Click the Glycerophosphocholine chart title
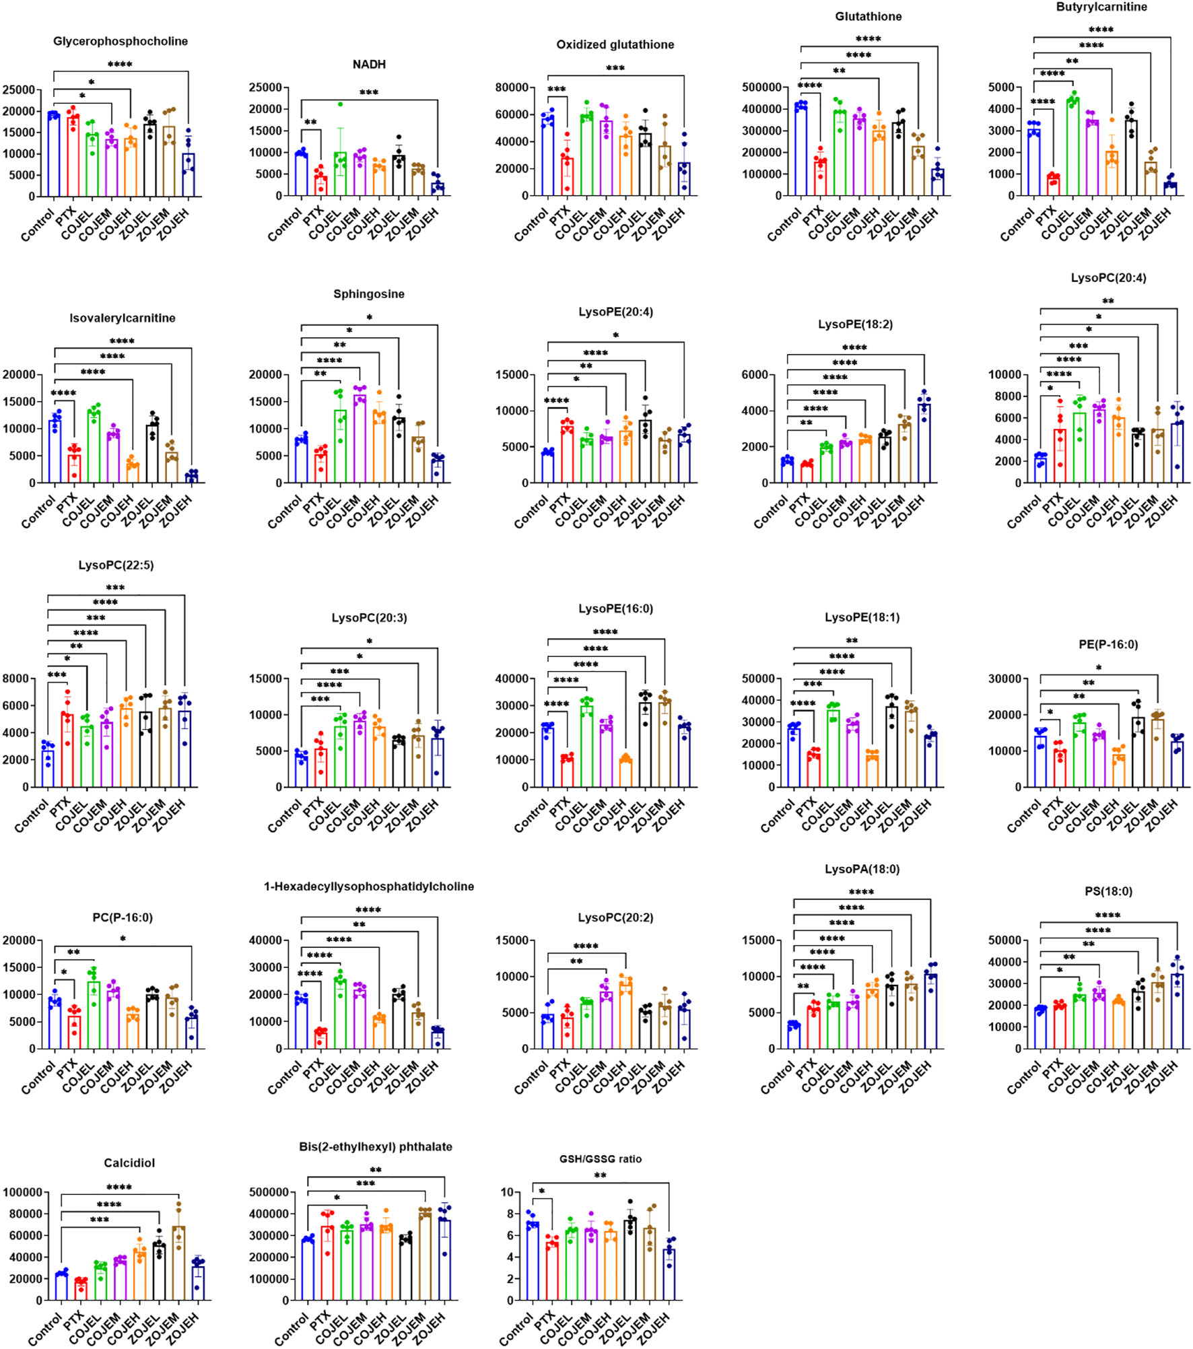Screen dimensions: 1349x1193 point(121,41)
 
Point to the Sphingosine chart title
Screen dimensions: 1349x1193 point(369,294)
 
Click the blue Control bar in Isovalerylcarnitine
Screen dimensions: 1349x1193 point(55,451)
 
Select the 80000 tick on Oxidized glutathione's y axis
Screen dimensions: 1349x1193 point(512,88)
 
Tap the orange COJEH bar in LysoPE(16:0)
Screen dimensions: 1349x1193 point(625,773)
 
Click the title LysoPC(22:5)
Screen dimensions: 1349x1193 point(116,565)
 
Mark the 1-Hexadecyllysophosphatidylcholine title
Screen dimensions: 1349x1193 point(369,887)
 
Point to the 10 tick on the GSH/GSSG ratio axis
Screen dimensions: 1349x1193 point(507,1192)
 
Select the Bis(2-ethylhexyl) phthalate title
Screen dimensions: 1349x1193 point(376,1146)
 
